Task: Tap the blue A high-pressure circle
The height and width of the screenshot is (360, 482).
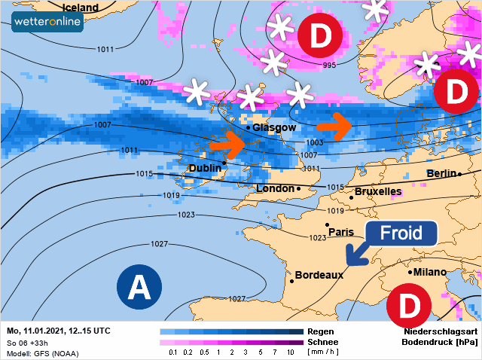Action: [139, 288]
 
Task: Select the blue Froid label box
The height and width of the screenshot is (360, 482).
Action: [401, 233]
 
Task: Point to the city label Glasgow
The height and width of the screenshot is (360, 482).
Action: [274, 128]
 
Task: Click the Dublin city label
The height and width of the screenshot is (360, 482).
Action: [205, 168]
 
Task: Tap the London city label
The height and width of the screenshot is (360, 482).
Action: [276, 188]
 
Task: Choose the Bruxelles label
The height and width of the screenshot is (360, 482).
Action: [378, 192]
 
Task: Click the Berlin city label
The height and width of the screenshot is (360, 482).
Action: [441, 173]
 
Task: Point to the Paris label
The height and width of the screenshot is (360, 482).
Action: [340, 232]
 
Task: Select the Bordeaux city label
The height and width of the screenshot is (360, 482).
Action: [319, 275]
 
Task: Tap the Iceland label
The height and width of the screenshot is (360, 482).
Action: [79, 8]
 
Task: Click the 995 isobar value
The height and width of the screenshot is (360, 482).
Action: [329, 66]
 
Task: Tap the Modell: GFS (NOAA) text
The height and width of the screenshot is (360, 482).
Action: [42, 352]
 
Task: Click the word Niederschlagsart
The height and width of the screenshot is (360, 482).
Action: [440, 331]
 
